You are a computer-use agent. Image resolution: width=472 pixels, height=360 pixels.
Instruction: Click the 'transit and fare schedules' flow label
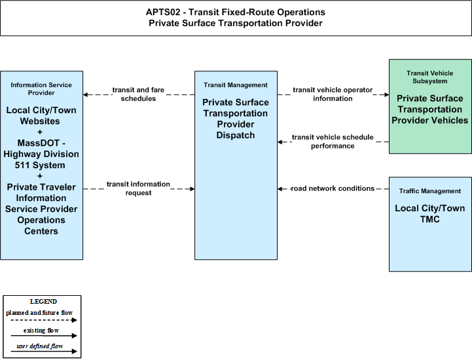pyautogui.click(x=138, y=94)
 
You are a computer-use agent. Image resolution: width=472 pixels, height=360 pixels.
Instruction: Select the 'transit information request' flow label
pyautogui.click(x=138, y=189)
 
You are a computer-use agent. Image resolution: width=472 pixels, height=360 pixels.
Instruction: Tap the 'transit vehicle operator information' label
pyautogui.click(x=333, y=94)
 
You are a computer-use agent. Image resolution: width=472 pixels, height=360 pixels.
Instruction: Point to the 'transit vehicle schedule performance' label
pyautogui.click(x=333, y=141)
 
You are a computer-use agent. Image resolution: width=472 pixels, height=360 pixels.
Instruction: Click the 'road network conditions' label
pyautogui.click(x=333, y=189)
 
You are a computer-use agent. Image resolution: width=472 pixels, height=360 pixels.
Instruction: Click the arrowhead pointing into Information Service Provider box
pyautogui.click(x=86, y=94)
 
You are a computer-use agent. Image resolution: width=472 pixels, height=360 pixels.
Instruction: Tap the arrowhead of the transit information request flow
pyautogui.click(x=192, y=189)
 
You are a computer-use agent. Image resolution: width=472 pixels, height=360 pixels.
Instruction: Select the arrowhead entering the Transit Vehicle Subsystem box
pyautogui.click(x=386, y=94)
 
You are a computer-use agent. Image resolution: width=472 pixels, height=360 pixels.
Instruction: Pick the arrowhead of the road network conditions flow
pyautogui.click(x=280, y=189)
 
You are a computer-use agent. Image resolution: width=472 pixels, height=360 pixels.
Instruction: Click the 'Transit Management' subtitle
pyautogui.click(x=236, y=85)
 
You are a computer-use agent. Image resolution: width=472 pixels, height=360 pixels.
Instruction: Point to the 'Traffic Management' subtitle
pyautogui.click(x=430, y=191)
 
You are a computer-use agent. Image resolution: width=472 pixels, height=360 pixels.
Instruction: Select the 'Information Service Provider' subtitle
pyautogui.click(x=41, y=89)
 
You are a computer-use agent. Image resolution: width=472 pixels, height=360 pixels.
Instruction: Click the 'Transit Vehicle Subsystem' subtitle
pyautogui.click(x=430, y=77)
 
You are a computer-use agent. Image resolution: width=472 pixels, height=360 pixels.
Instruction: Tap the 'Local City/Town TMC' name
pyautogui.click(x=430, y=214)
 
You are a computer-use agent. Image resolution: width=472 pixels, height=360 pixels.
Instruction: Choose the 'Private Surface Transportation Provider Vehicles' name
pyautogui.click(x=430, y=109)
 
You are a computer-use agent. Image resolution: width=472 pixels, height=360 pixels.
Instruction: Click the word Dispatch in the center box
pyautogui.click(x=236, y=135)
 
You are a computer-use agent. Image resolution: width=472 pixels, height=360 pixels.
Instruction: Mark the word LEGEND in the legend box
pyautogui.click(x=43, y=302)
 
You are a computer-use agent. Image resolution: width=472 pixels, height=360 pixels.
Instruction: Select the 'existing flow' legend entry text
pyautogui.click(x=41, y=331)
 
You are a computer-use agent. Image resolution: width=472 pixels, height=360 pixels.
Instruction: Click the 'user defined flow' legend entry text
pyautogui.click(x=40, y=346)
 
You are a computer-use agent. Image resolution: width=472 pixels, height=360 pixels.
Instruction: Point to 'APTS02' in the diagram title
pyautogui.click(x=163, y=12)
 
